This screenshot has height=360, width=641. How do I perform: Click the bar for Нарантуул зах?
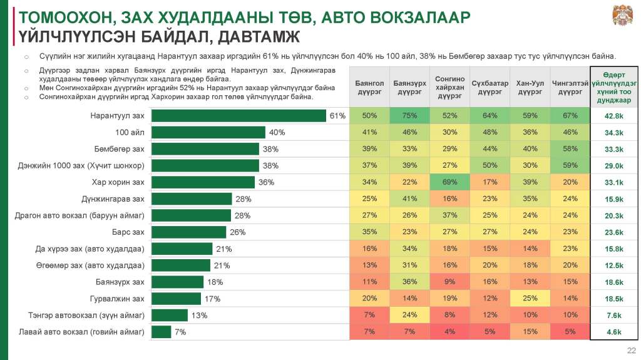click(238, 116)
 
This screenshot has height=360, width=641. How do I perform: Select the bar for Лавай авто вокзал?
click(162, 332)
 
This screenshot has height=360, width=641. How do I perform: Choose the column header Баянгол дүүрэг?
click(369, 87)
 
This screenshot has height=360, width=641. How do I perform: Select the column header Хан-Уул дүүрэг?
click(530, 87)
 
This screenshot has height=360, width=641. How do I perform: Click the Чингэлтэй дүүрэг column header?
click(570, 87)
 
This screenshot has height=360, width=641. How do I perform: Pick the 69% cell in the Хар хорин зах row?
click(449, 182)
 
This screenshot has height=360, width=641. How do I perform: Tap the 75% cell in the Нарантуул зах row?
click(409, 116)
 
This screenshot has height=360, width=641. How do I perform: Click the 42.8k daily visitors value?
click(614, 116)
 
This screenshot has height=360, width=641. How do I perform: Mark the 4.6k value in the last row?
click(614, 332)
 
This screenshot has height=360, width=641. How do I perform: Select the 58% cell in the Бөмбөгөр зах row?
click(570, 149)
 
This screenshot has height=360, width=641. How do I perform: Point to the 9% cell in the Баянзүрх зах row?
click(449, 282)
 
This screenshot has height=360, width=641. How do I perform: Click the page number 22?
click(631, 349)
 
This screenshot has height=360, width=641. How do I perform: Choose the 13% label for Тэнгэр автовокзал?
click(199, 315)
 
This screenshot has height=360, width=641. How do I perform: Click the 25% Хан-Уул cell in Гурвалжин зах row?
click(530, 299)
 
